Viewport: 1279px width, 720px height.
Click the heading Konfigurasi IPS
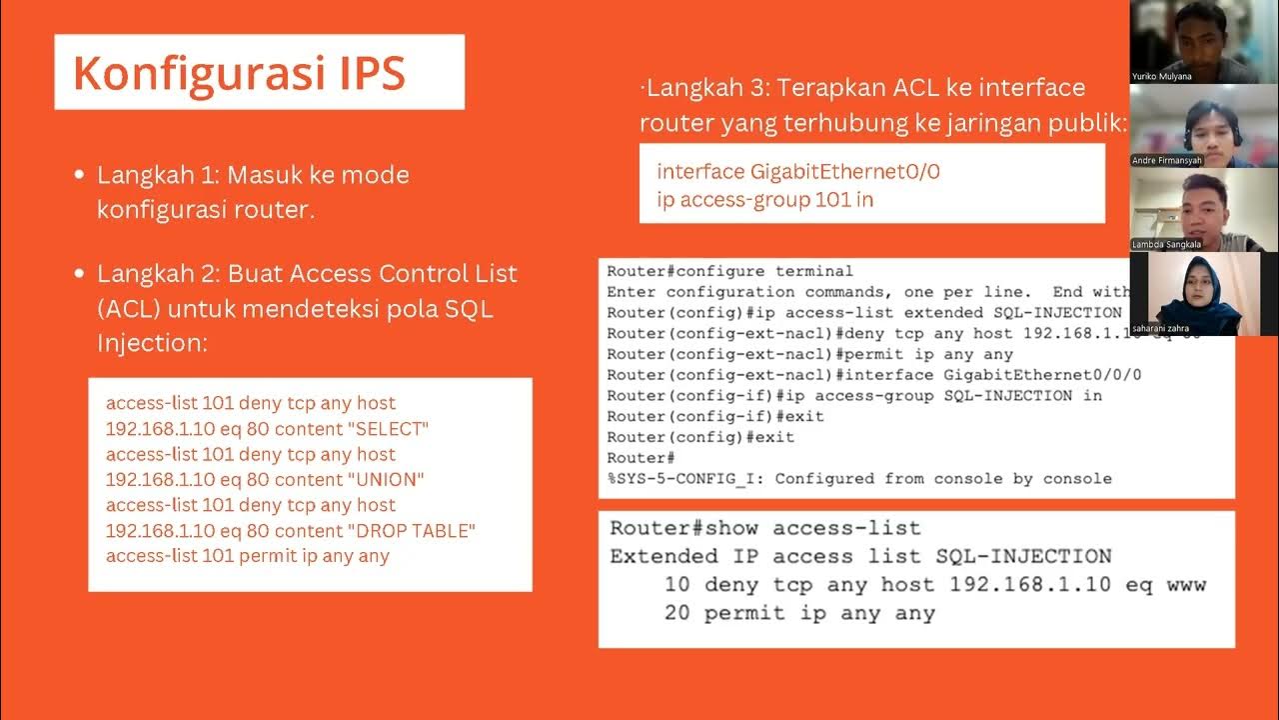point(239,73)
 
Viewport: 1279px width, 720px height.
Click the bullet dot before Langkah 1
point(79,175)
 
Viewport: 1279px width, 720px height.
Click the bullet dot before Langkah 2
point(79,274)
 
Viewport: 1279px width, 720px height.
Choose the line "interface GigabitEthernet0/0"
point(798,171)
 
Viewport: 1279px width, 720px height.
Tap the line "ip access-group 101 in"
point(765,199)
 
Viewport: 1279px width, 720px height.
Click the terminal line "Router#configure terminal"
point(729,271)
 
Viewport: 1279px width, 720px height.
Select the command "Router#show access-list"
point(765,528)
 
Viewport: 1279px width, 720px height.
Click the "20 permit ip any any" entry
point(799,613)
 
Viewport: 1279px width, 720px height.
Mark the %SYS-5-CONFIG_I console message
point(859,479)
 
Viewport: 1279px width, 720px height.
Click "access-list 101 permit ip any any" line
point(248,556)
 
